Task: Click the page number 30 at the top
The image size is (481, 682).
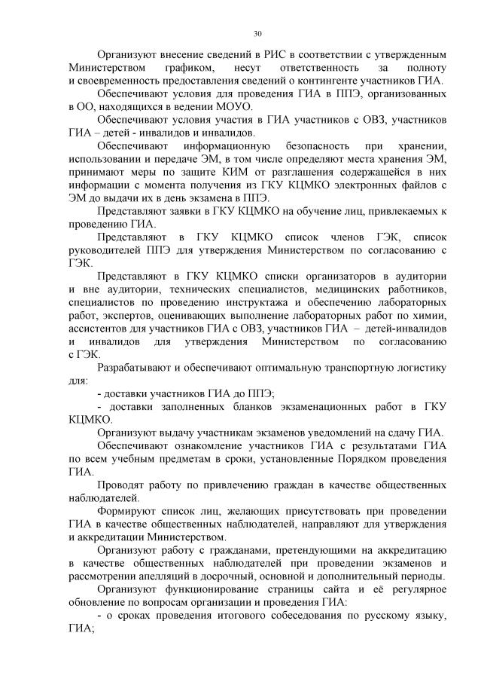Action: click(257, 34)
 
